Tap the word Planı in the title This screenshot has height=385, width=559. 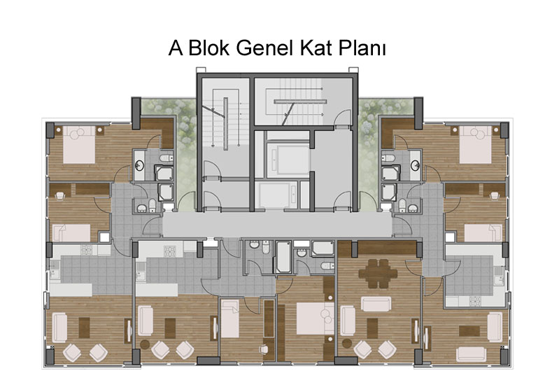362,48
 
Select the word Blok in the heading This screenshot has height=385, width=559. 208,48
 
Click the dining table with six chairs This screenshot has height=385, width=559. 378,274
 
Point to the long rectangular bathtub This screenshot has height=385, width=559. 284,256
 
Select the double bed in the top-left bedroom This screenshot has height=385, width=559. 79,144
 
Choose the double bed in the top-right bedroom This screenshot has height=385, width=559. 476,144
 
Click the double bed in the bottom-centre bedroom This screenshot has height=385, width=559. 315,318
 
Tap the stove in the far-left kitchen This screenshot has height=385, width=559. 86,250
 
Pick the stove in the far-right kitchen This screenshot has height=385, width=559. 475,302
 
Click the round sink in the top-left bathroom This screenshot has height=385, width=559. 139,165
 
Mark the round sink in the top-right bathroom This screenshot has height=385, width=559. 415,165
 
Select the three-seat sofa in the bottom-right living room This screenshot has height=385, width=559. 471,354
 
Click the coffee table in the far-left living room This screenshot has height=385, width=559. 84,328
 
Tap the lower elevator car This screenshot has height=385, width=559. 278,195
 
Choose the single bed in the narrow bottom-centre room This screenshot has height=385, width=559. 230,318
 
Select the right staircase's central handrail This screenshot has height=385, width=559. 300,101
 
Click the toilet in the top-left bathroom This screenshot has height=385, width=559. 165,158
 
